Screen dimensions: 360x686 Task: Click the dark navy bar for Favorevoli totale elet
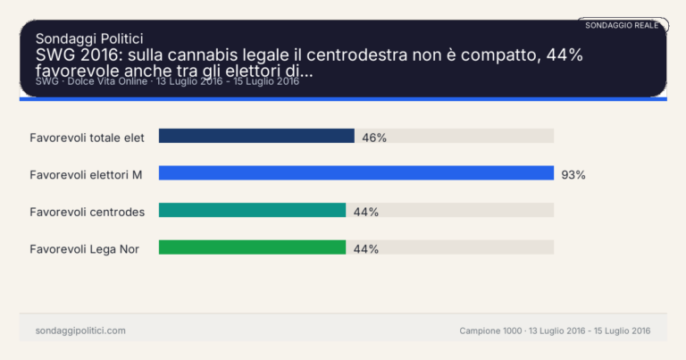[x=256, y=136]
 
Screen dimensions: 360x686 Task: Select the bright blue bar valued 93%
[x=356, y=173]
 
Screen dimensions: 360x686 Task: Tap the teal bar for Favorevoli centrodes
[x=252, y=210]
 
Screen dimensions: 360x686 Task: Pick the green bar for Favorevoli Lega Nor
[x=252, y=247]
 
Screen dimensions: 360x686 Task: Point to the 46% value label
[x=374, y=138]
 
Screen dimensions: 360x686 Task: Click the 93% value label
[x=573, y=175]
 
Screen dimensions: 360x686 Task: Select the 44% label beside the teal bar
[x=366, y=212]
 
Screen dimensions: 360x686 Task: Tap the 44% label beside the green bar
[x=366, y=249]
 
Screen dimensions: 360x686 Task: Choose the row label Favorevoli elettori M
[x=86, y=175]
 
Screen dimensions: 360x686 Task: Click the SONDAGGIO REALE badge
[x=622, y=25]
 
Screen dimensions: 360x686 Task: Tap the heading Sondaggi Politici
[x=89, y=38]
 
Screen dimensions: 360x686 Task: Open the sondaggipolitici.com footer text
[x=80, y=331]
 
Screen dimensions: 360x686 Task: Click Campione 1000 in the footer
[x=490, y=331]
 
